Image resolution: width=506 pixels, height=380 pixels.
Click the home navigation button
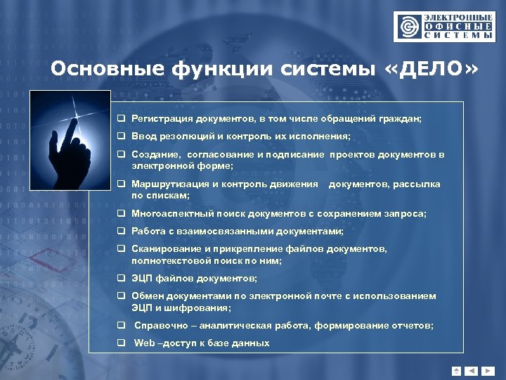point(457,370)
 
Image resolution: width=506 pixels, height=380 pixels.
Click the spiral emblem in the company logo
point(407,26)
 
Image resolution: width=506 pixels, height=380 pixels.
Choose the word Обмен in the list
point(146,296)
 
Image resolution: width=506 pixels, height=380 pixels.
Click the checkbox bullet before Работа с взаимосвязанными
point(121,231)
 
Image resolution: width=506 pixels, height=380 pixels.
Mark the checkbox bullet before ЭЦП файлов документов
point(121,279)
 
